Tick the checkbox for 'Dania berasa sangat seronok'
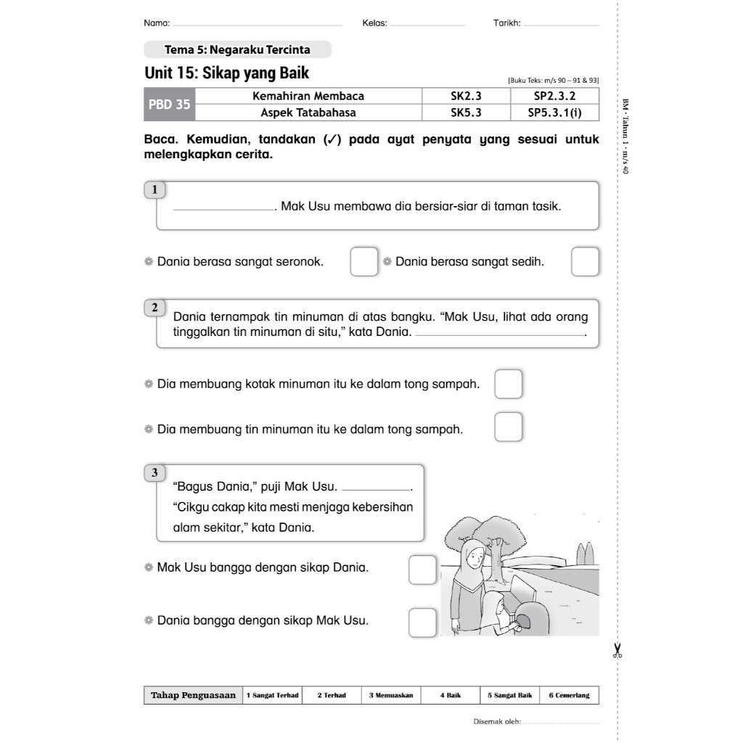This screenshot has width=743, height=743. pos(364,262)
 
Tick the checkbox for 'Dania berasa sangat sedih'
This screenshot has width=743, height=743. pos(585,262)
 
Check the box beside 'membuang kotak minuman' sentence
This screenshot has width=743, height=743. pos(509,384)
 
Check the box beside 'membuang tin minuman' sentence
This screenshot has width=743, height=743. pos(509,427)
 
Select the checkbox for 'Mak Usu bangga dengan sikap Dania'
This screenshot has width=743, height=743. pos(422,570)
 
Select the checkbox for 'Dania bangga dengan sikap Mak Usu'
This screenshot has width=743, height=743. pos(422,623)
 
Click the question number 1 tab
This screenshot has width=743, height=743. pos(155,190)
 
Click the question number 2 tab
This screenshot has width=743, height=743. pos(155,308)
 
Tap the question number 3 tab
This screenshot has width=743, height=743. pos(155,473)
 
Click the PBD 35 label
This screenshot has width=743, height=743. pos(170,104)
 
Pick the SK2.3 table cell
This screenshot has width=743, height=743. pos(466,96)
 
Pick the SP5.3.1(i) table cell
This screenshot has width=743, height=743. pos(554,112)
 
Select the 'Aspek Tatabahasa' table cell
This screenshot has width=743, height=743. pos(308,112)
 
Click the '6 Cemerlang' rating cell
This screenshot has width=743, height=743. pos(569,695)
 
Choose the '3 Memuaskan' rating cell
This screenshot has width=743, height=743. pos(391,695)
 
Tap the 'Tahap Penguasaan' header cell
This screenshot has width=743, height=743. pos(193,695)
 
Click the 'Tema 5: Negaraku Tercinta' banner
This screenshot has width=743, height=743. pos(237,50)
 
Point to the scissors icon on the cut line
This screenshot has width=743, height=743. pos(617,649)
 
